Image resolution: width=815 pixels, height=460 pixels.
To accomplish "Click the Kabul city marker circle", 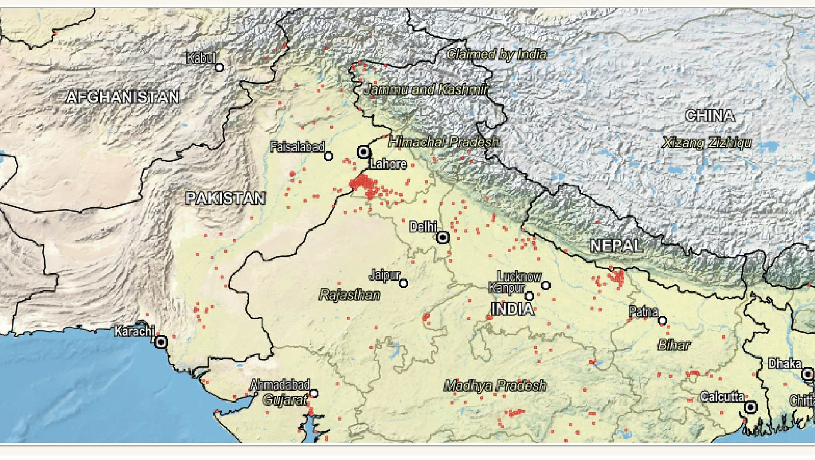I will click(219, 68).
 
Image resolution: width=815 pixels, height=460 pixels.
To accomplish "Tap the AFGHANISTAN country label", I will click(123, 97).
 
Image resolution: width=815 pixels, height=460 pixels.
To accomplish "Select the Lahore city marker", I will click(364, 152).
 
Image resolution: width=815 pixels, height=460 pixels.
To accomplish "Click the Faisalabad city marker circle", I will click(329, 156).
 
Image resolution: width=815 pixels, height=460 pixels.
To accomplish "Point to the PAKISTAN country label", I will click(226, 198).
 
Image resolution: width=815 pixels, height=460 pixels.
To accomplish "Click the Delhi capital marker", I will click(443, 237).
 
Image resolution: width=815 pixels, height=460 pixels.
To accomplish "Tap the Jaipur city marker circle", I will click(404, 283).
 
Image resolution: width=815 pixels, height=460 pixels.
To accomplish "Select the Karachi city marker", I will click(161, 342).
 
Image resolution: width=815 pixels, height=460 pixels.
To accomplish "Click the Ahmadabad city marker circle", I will click(314, 394).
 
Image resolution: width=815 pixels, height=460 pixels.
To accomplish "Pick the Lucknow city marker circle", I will click(546, 285).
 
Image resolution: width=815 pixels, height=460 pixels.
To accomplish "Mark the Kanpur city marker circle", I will click(530, 296).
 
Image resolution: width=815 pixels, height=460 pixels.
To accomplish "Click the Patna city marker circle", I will click(662, 321).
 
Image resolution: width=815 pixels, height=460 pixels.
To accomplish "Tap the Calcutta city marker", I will click(751, 408).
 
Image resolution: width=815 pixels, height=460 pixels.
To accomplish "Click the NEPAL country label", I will click(616, 246).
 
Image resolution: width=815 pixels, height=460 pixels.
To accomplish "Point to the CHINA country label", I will click(709, 116).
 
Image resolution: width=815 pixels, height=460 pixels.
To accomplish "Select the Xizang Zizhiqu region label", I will click(707, 143).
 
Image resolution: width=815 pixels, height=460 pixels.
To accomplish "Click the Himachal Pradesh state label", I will click(444, 142).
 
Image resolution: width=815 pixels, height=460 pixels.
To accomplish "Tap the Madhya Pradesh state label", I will click(495, 386).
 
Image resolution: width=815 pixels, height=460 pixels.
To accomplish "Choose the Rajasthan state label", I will click(350, 295).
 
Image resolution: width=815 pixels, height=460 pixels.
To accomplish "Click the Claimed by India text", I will click(496, 55).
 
